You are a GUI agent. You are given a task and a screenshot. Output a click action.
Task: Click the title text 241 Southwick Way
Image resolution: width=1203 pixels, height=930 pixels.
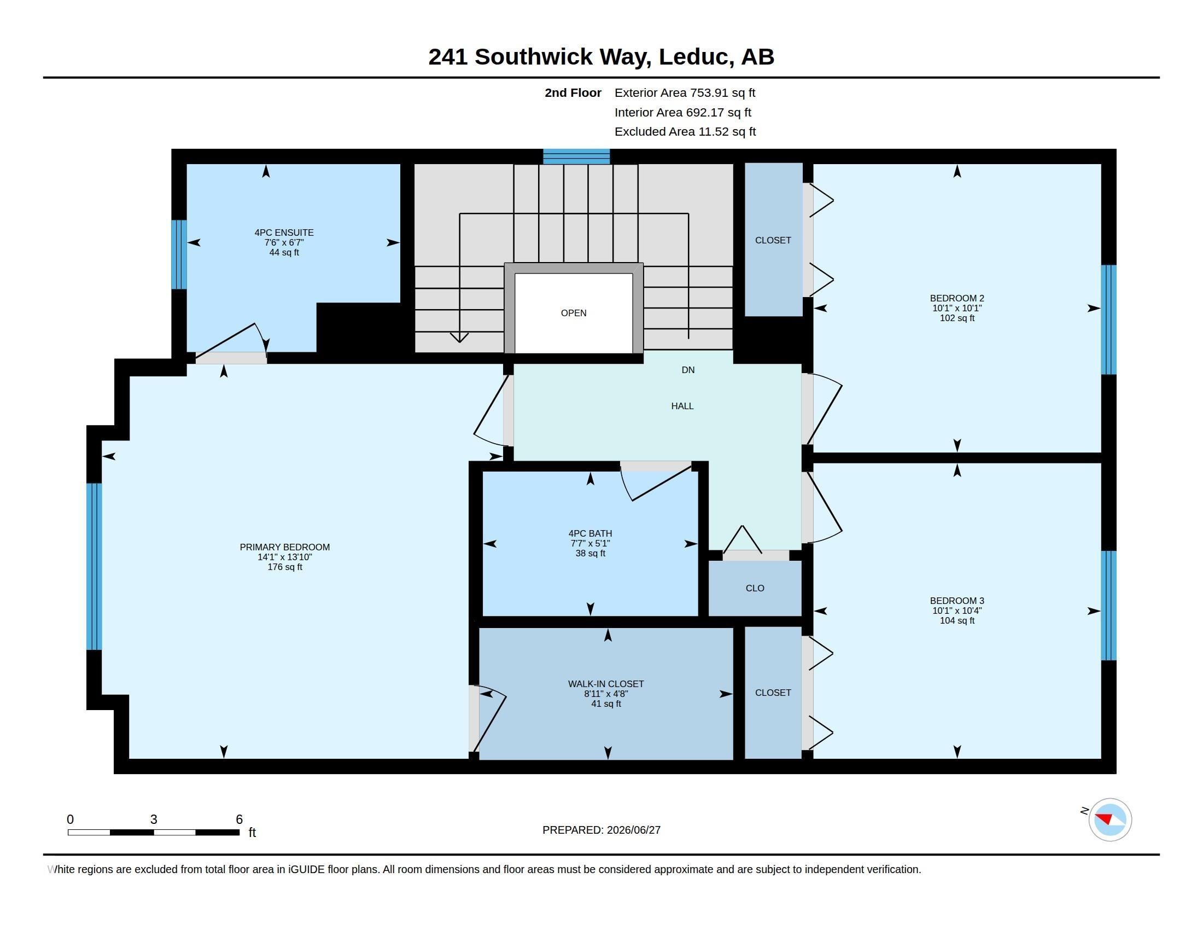pyautogui.click(x=539, y=57)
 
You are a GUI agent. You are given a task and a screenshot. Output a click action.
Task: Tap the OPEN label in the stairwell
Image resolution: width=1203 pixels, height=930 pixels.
pyautogui.click(x=574, y=313)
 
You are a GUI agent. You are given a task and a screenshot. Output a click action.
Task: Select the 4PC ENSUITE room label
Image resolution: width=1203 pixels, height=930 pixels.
pyautogui.click(x=284, y=233)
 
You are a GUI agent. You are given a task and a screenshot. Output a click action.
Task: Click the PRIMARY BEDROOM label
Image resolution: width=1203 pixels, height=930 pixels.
pyautogui.click(x=285, y=547)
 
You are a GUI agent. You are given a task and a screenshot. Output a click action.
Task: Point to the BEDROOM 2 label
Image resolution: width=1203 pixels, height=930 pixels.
pyautogui.click(x=957, y=298)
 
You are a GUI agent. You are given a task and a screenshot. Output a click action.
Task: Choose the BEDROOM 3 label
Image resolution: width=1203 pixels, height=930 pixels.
pyautogui.click(x=957, y=601)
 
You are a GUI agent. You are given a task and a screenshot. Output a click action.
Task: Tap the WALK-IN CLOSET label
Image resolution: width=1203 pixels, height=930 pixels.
pyautogui.click(x=606, y=684)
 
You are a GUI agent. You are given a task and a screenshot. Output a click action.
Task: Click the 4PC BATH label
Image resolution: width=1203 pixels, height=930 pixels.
pyautogui.click(x=591, y=533)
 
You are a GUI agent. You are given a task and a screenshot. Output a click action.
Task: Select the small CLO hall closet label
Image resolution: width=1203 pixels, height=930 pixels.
pyautogui.click(x=755, y=589)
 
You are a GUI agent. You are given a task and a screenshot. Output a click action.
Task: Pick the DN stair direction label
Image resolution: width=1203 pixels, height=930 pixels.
pyautogui.click(x=688, y=370)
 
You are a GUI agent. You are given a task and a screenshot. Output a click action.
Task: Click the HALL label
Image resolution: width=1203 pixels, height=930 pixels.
pyautogui.click(x=682, y=406)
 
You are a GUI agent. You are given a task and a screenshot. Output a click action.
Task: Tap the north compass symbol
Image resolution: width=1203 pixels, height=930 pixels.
pyautogui.click(x=1109, y=820)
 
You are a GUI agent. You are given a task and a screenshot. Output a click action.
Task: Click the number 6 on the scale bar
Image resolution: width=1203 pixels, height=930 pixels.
pyautogui.click(x=239, y=819)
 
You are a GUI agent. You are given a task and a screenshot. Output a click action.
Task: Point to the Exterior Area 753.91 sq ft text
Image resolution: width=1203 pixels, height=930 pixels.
pyautogui.click(x=685, y=92)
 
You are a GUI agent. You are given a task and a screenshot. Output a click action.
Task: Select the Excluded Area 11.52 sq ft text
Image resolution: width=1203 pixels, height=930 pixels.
pyautogui.click(x=685, y=132)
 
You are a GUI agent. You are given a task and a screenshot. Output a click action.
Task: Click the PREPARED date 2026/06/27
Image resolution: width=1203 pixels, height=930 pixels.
pyautogui.click(x=633, y=830)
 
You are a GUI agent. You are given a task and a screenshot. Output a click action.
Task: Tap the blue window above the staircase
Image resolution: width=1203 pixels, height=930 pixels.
pyautogui.click(x=576, y=156)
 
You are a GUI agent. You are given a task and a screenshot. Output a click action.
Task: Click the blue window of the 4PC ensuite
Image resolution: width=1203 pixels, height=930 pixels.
pyautogui.click(x=179, y=254)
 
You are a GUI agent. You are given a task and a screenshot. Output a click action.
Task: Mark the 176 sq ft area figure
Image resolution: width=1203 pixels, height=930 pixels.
pyautogui.click(x=285, y=567)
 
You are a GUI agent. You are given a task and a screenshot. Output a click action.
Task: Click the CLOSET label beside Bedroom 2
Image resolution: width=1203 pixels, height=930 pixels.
pyautogui.click(x=773, y=240)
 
